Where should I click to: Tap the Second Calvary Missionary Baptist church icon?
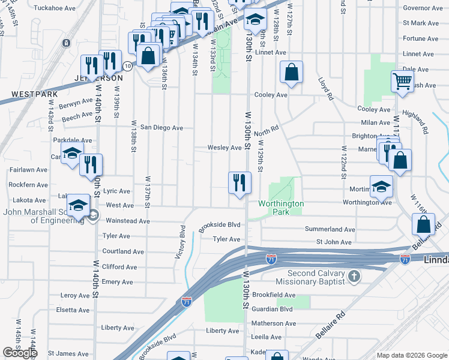[x=355, y=277]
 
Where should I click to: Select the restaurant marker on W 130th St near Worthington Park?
[x=240, y=182]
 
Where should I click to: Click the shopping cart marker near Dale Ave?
[x=402, y=81]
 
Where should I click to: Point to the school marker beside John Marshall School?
[x=78, y=206]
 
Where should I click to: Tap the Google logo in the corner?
[x=20, y=353]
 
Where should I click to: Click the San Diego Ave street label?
[x=161, y=128]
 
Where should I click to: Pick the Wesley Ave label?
[x=224, y=148]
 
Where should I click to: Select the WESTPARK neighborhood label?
[x=34, y=94]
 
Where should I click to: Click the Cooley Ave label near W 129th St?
[x=271, y=95]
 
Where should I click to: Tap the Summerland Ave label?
[x=330, y=229]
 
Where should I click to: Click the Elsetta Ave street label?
[x=73, y=310]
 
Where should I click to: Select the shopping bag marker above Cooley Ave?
[x=291, y=72]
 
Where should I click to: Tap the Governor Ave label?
[x=423, y=8]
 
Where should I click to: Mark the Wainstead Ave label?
[x=127, y=221]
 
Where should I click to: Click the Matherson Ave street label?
[x=274, y=323]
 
